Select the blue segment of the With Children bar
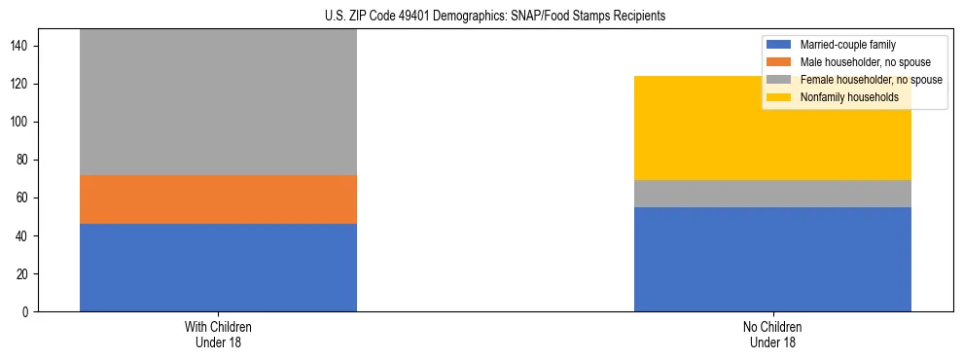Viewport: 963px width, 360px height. tap(218, 268)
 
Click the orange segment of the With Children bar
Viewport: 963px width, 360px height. tap(218, 199)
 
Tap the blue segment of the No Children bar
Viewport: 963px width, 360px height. tap(772, 259)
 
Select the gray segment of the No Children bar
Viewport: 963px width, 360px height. tap(772, 194)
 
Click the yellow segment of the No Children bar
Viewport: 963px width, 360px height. tap(772, 127)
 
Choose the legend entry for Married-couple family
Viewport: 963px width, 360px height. tap(847, 45)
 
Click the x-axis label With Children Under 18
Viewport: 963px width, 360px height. tap(218, 334)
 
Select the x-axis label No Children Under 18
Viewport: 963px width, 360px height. tap(772, 334)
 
